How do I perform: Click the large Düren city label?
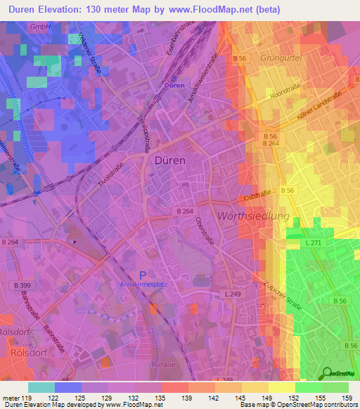coord(169,160)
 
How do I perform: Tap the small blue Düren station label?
coord(175,85)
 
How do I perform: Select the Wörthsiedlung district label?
coord(253,216)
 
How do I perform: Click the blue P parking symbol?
coord(143,276)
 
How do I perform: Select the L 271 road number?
coord(313,242)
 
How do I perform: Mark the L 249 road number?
coord(232,294)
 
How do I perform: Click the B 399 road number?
coord(22,285)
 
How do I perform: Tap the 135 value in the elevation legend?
coord(162,398)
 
